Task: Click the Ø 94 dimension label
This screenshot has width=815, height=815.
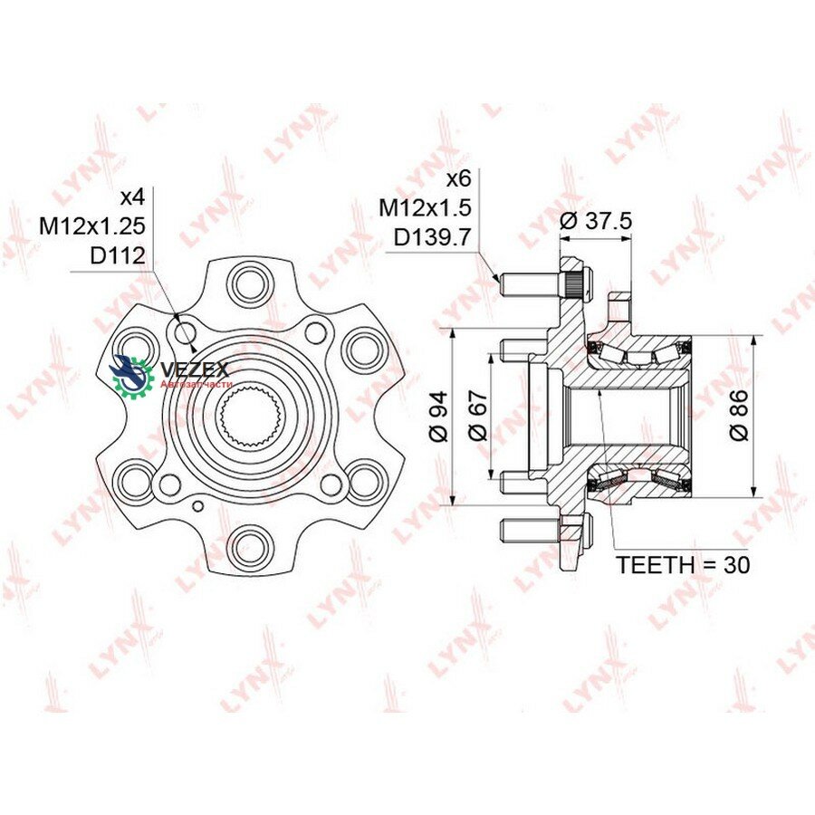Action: [439, 417]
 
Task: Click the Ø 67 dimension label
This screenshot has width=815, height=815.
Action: [478, 415]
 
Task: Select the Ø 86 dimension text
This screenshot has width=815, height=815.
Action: [739, 415]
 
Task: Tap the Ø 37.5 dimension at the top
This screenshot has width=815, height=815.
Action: [596, 222]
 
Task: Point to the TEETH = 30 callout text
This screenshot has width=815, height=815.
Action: [683, 564]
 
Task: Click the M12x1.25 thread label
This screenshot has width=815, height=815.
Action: [92, 226]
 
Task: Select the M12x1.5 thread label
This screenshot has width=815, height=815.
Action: [425, 208]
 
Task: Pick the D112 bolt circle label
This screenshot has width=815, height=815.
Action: [118, 255]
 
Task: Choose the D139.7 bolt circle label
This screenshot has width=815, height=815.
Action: [432, 237]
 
